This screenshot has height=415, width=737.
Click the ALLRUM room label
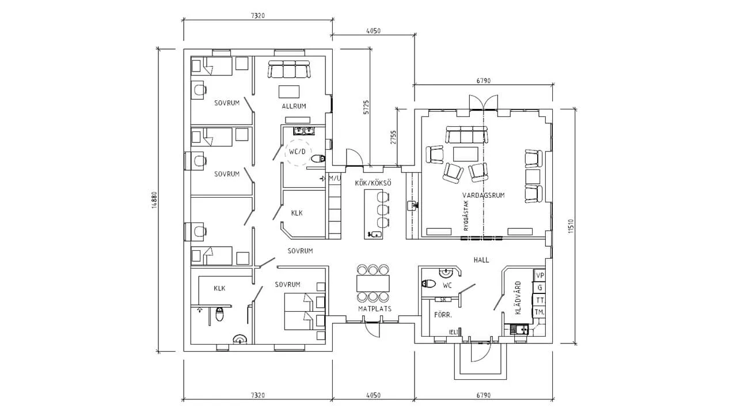click(294, 106)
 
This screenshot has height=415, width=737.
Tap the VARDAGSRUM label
click(483, 195)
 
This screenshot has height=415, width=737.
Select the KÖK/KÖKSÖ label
click(373, 183)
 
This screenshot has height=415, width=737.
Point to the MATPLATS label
click(375, 308)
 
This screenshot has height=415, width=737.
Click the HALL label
click(481, 260)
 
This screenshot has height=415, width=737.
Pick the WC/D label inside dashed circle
click(297, 152)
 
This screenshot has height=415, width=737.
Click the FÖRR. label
click(443, 315)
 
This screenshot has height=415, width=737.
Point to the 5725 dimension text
click(367, 107)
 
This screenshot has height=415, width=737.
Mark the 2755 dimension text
click(393, 137)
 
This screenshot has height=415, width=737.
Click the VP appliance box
click(540, 276)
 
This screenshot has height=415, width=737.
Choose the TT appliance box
click(540, 300)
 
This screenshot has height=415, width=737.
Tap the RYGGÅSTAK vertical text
click(466, 216)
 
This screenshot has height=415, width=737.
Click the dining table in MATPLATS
click(373, 283)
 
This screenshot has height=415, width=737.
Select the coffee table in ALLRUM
click(289, 92)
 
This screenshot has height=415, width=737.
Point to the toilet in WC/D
click(318, 159)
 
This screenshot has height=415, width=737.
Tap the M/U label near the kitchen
click(335, 179)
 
